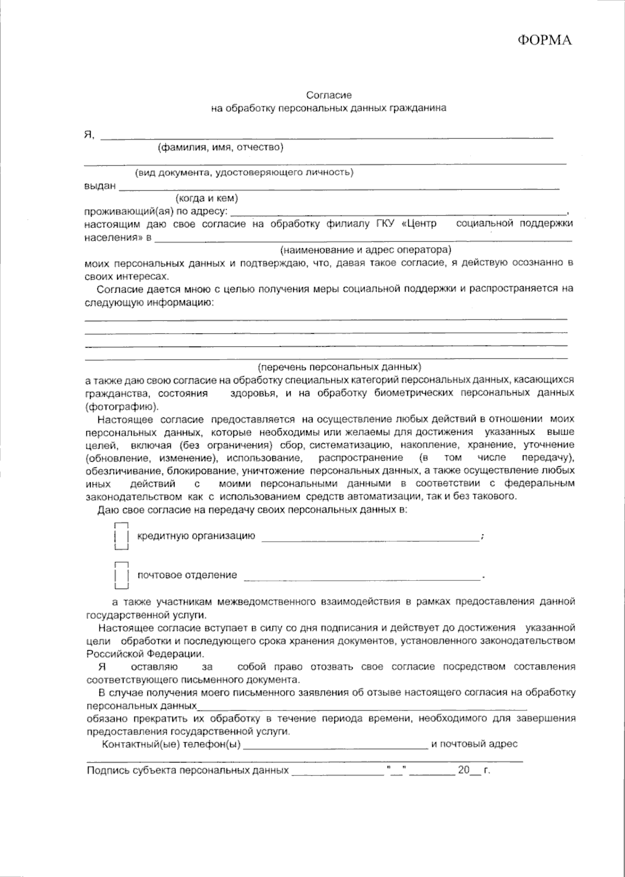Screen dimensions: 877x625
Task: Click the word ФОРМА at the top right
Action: coord(544,41)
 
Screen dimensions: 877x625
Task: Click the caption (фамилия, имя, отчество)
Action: coord(220,147)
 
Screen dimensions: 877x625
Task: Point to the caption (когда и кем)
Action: coord(207,198)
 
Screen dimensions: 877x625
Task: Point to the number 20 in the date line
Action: coord(464,770)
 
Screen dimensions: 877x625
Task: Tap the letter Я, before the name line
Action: coord(89,135)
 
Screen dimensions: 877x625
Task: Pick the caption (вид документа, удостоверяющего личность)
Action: coord(244,173)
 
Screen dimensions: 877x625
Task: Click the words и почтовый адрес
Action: coord(474,744)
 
